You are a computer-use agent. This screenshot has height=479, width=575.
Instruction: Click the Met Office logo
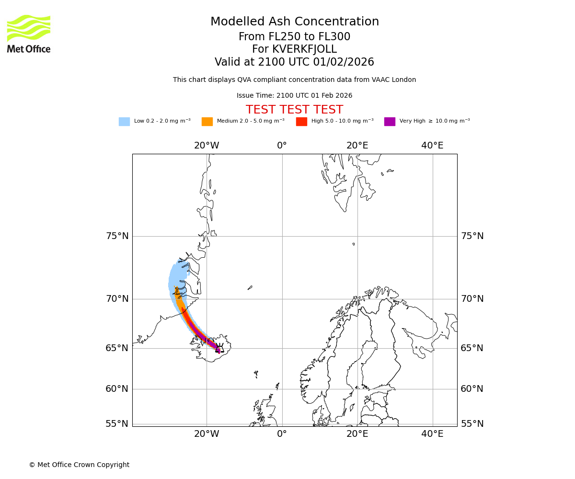(x=29, y=34)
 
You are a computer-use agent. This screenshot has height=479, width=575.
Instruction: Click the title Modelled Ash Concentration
(x=295, y=22)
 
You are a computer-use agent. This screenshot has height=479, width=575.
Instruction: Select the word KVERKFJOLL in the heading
(x=304, y=49)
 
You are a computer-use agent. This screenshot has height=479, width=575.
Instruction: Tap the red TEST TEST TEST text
(x=294, y=110)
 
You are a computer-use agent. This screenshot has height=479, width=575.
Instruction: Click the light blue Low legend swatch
(x=124, y=122)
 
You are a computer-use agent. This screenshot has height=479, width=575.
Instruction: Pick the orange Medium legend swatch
(x=207, y=122)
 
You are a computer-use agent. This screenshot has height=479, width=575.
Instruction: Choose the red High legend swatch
(x=301, y=122)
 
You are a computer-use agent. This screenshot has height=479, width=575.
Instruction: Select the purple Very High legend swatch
(x=390, y=122)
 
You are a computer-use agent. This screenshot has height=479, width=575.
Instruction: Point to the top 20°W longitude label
(x=207, y=146)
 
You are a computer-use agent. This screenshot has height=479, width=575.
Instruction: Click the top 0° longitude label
(x=282, y=146)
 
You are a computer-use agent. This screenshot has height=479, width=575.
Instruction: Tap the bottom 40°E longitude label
(x=432, y=434)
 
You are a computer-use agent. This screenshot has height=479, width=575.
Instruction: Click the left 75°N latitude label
(x=117, y=236)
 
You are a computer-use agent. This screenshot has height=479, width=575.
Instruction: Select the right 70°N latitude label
(x=472, y=299)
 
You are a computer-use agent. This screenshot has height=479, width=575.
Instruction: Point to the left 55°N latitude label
(x=117, y=424)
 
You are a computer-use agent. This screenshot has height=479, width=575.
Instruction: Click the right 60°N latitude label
(x=472, y=389)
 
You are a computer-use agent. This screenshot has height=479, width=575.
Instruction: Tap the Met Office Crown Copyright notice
(x=79, y=465)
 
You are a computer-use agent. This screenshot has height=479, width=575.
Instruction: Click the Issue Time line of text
(x=294, y=96)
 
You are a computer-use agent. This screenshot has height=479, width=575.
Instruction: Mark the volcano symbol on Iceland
(x=220, y=348)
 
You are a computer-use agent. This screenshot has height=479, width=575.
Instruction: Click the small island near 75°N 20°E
(x=354, y=244)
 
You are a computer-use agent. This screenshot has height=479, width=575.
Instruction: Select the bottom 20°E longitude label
(x=357, y=434)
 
